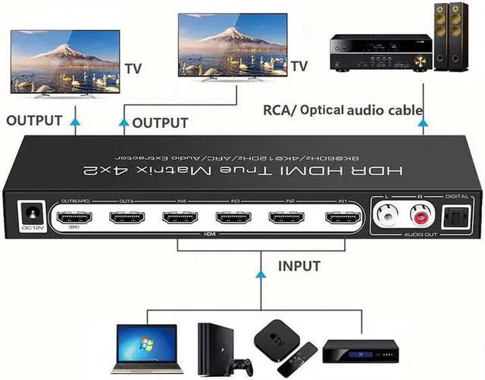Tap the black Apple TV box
pos(273,337)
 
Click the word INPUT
pos(299,266)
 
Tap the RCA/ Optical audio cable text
pos(342,111)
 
